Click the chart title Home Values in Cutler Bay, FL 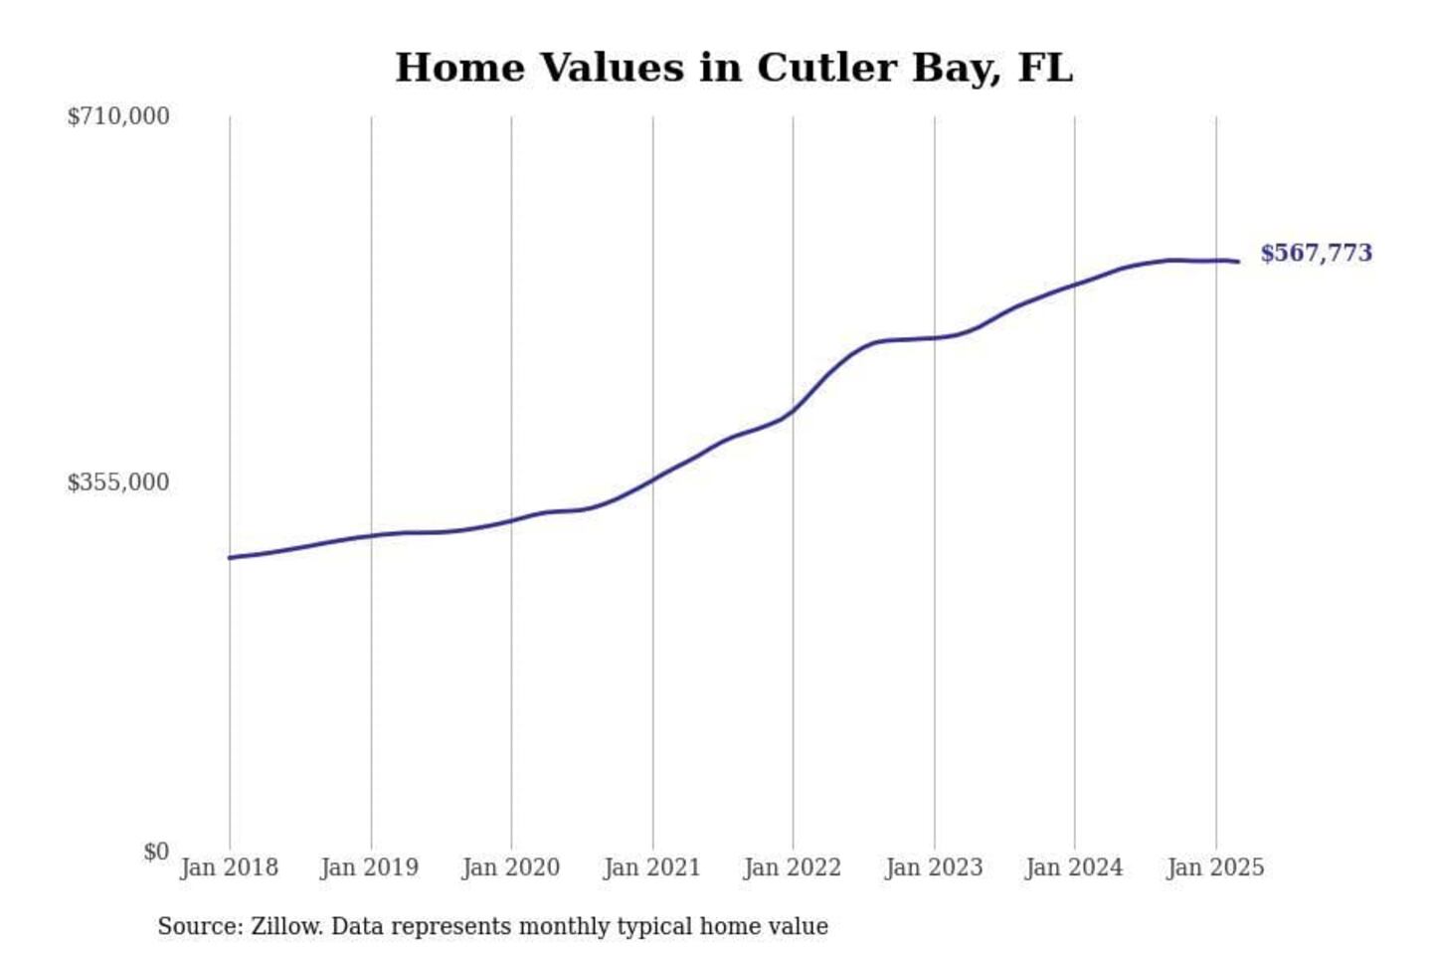(734, 68)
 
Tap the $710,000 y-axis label (118, 116)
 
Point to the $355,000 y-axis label (118, 482)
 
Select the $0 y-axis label (156, 852)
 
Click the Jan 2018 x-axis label (230, 867)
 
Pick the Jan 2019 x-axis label (370, 867)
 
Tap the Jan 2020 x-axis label (511, 867)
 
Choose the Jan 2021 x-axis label (652, 867)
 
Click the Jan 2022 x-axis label (793, 867)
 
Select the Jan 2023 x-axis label (934, 867)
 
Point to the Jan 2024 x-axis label (1074, 867)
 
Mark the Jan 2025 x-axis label (1215, 867)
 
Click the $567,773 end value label (1316, 253)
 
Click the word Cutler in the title (826, 68)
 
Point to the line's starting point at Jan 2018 (231, 557)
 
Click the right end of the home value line (1238, 262)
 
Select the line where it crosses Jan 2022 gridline (794, 409)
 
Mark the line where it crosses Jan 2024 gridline (1075, 285)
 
